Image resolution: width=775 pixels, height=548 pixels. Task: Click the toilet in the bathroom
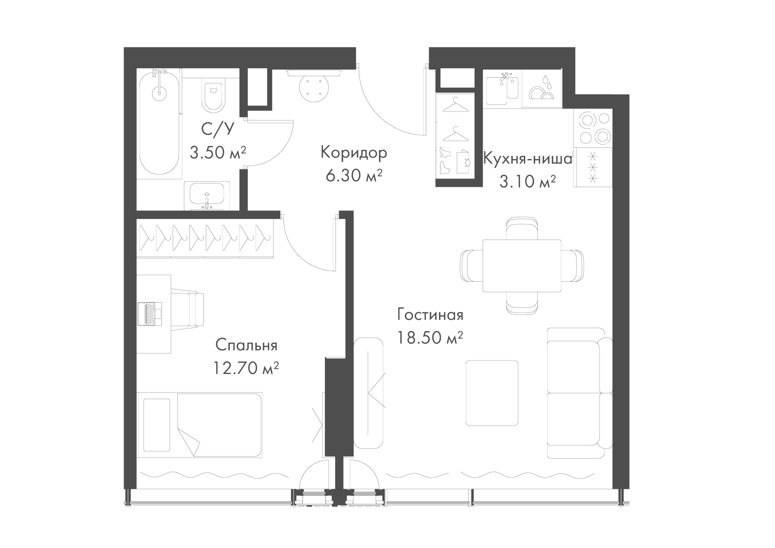click(x=213, y=97)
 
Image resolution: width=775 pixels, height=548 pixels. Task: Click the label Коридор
click(x=354, y=153)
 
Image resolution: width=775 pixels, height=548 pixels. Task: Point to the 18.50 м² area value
click(x=430, y=338)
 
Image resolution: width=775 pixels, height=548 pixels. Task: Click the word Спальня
click(x=246, y=345)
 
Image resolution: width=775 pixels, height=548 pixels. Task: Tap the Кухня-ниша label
click(x=528, y=159)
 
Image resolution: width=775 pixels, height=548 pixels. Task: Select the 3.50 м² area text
click(x=218, y=153)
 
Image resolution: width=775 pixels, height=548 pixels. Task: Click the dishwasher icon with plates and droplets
click(x=541, y=88)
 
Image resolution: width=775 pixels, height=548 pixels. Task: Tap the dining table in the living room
click(x=522, y=265)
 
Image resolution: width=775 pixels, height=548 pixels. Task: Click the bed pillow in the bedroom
click(x=157, y=425)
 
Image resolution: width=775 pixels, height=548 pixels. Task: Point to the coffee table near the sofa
click(x=492, y=393)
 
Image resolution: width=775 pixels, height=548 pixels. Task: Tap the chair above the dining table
click(x=522, y=229)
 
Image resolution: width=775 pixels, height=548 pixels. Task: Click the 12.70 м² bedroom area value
click(x=246, y=368)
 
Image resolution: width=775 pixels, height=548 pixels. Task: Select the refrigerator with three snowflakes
click(x=593, y=167)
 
